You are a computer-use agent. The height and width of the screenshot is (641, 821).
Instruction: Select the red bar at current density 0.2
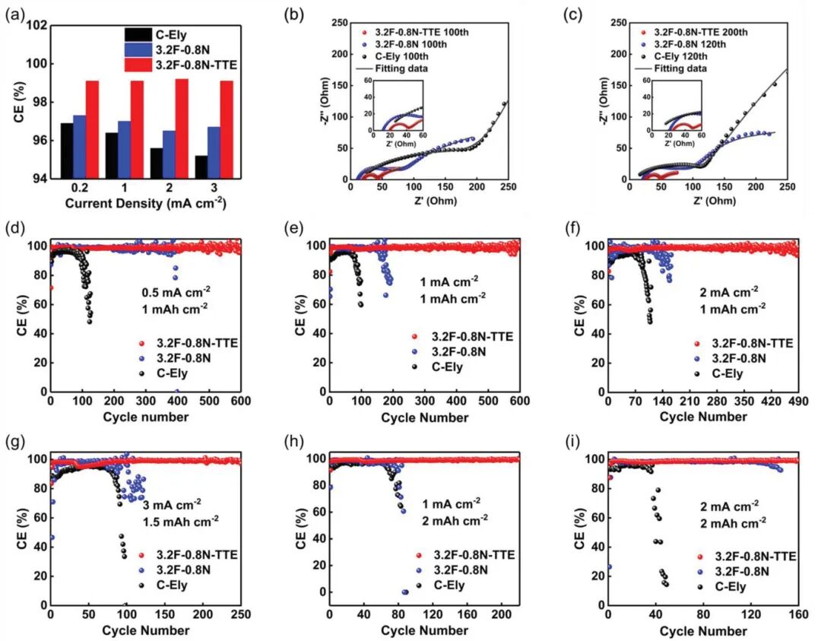pyautogui.click(x=92, y=129)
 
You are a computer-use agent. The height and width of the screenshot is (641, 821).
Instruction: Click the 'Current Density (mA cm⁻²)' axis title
pyautogui.click(x=145, y=203)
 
